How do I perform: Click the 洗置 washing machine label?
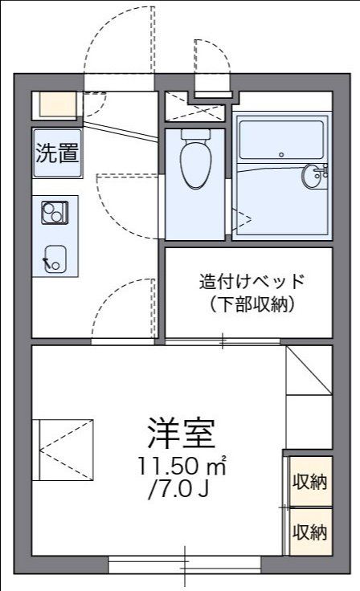click(57, 153)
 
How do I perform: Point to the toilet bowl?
click(194, 165)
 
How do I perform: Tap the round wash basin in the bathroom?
click(313, 175)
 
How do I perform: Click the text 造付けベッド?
click(252, 282)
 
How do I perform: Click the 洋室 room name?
click(180, 434)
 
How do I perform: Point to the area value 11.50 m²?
click(180, 466)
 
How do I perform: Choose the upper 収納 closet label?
click(309, 483)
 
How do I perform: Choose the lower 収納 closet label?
click(309, 532)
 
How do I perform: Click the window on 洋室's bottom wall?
click(185, 566)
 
